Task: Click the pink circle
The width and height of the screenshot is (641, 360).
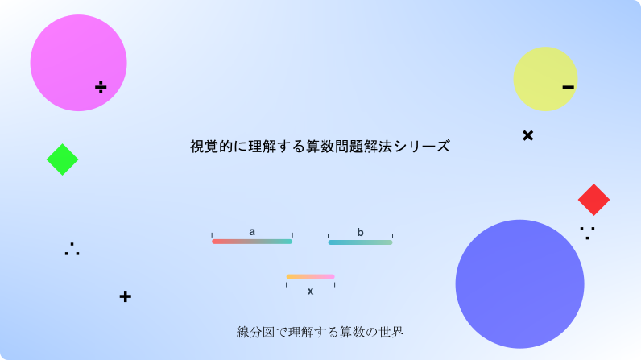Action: pos(78,63)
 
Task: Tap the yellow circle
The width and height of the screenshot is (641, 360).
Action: pos(545,79)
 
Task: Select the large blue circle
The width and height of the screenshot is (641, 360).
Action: pos(519,284)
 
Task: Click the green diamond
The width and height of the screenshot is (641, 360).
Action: pos(63,159)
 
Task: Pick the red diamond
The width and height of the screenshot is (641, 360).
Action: pos(593,200)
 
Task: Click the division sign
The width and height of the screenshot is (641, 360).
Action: pos(101,87)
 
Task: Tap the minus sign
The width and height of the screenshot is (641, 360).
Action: pos(569,87)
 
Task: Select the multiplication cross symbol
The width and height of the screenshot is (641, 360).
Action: pos(527,135)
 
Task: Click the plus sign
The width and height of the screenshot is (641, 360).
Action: pos(125,296)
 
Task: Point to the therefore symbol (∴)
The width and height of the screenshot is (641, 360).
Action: pos(72,249)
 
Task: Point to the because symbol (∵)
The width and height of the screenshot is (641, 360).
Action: pos(587,233)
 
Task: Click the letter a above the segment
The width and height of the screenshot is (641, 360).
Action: pos(252,232)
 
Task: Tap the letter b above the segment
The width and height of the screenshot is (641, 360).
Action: pos(360,232)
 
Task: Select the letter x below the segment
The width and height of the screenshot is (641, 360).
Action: pos(310,291)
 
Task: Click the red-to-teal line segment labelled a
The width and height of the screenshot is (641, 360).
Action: pos(252,242)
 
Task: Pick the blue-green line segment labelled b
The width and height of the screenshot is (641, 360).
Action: pos(360,242)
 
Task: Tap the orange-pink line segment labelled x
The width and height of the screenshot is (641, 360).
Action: pos(310,276)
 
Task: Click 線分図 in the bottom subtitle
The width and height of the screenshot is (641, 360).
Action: pos(255,332)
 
